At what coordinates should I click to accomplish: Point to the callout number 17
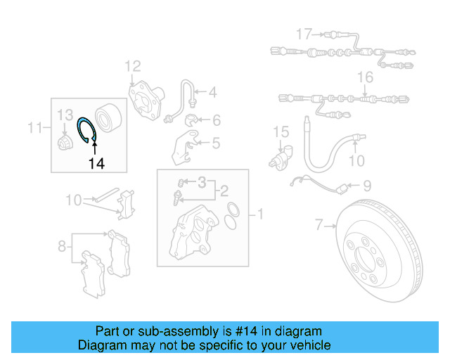303,34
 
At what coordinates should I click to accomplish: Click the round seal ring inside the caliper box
233,209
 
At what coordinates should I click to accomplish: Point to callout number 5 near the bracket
214,143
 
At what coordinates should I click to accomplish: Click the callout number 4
212,91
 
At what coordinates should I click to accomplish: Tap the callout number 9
367,186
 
